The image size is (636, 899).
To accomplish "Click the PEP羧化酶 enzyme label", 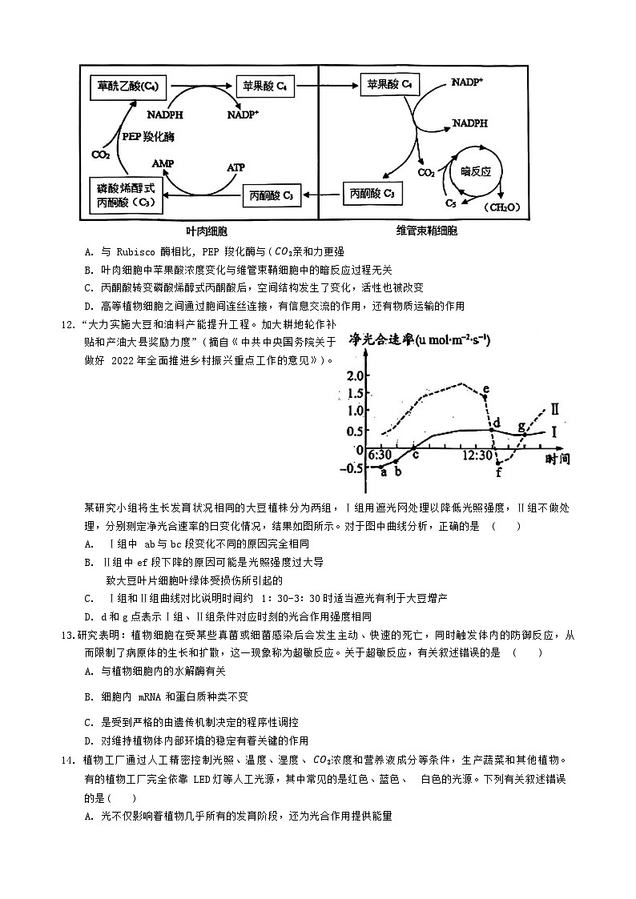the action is click(x=148, y=136).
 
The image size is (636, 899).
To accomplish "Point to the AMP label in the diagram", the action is click(x=163, y=163).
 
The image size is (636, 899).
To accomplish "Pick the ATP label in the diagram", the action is click(x=235, y=167).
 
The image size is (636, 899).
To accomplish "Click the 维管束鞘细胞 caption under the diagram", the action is click(x=426, y=231).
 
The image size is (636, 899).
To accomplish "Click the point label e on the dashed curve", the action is click(x=487, y=389).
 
